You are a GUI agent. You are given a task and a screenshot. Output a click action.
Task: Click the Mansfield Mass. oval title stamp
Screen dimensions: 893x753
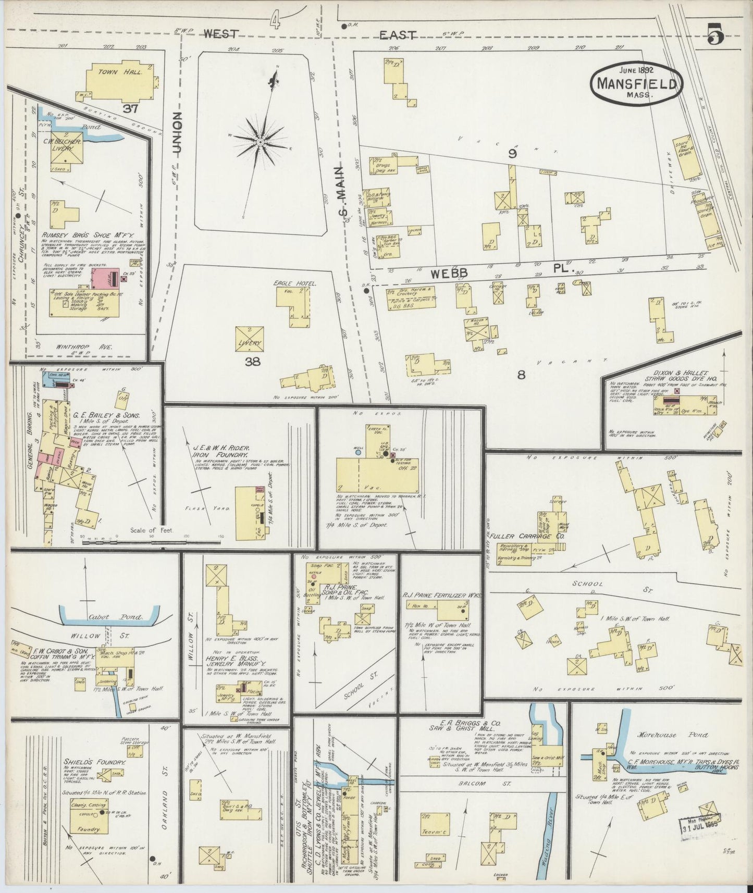coord(637,83)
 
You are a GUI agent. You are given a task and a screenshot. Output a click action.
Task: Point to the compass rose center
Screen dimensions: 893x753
coord(259,142)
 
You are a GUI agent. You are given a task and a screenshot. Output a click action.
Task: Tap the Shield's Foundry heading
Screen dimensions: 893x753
coord(95,762)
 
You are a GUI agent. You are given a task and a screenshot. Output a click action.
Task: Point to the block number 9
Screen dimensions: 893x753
coord(513,154)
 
